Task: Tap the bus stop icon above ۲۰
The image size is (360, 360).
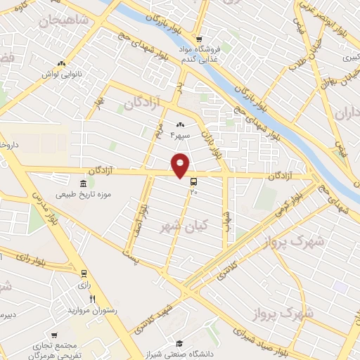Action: [x=193, y=180]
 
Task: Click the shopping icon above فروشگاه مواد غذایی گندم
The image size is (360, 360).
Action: [x=200, y=39]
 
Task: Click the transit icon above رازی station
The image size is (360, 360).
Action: [x=84, y=274]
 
